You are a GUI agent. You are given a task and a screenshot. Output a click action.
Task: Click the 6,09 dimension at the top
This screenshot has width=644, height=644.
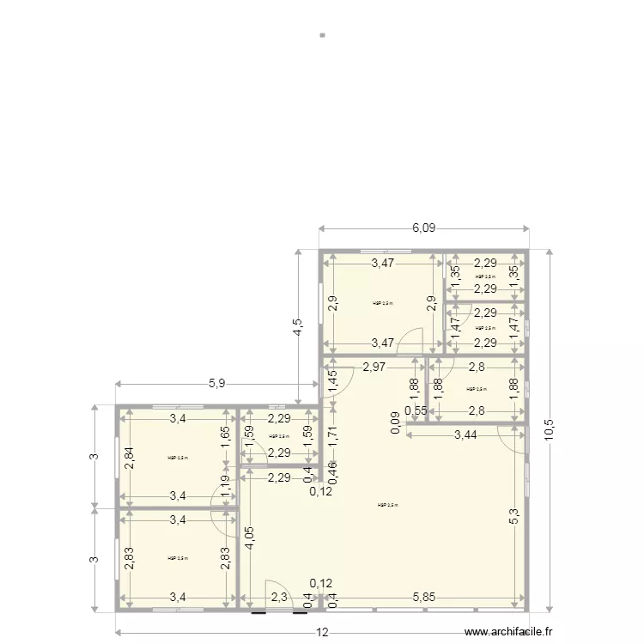(x=423, y=228)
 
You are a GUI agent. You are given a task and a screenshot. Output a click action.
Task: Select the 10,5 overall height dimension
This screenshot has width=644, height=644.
(x=549, y=428)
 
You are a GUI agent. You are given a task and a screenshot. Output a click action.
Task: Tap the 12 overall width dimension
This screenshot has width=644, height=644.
(x=321, y=633)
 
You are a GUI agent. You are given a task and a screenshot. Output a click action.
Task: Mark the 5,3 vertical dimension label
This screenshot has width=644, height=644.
(x=514, y=516)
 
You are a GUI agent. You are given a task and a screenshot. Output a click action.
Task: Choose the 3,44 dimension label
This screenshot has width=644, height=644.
(x=465, y=435)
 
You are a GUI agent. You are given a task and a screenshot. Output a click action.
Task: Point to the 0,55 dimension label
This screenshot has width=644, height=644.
(x=416, y=410)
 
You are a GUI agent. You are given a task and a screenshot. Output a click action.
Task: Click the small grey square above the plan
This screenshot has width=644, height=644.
(x=322, y=35)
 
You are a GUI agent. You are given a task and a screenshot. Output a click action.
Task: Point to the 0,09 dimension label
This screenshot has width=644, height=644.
(x=394, y=422)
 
